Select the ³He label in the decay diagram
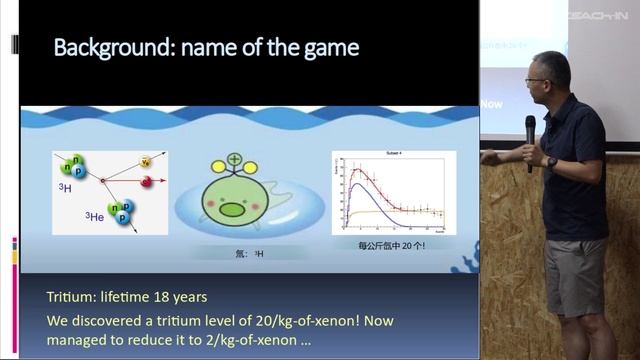pyautogui.click(x=97, y=217)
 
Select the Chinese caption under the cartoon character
pyautogui.click(x=236, y=254)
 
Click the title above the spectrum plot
pyautogui.click(x=393, y=154)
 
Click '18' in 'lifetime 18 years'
pyautogui.click(x=163, y=297)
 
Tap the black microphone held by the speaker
pyautogui.click(x=530, y=136)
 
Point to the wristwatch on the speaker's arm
pyautogui.click(x=551, y=161)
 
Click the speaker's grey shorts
pyautogui.click(x=574, y=274)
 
